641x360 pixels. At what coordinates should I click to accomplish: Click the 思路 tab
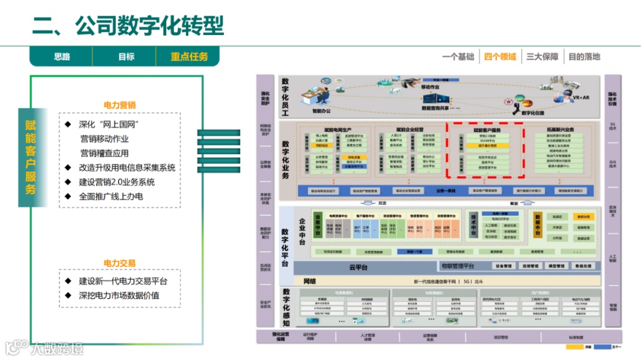(62, 57)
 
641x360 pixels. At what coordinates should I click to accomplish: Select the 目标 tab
(126, 57)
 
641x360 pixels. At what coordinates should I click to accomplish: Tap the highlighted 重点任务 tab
(189, 57)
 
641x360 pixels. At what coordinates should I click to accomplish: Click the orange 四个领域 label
(500, 57)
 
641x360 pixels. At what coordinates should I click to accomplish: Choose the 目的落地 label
(584, 57)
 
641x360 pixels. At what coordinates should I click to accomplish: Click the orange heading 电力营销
(120, 106)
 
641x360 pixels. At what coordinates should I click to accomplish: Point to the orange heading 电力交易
(120, 263)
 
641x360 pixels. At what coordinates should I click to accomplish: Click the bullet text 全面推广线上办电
(111, 196)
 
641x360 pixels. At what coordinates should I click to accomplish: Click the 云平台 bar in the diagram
(358, 267)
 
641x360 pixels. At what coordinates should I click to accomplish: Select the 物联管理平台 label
(452, 266)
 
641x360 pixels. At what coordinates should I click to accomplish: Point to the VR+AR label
(580, 97)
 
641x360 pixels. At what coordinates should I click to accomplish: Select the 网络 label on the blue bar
(310, 281)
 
